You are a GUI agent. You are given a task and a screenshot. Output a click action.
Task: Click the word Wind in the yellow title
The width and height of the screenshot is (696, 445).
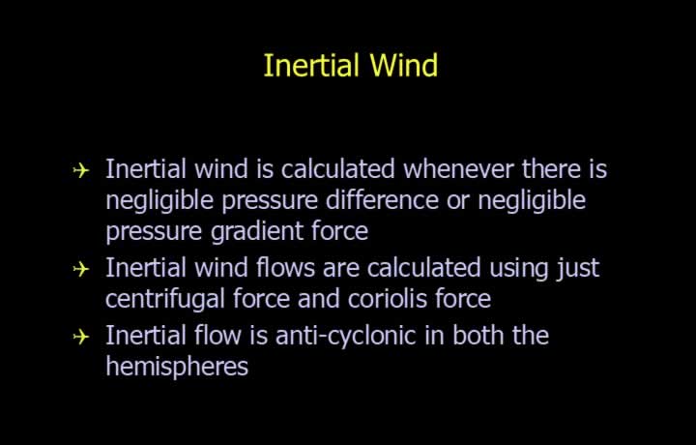click(403, 65)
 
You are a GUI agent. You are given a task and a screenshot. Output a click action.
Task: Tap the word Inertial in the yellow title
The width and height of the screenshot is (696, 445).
click(311, 65)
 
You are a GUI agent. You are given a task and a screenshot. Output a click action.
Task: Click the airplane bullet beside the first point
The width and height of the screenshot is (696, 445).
click(81, 170)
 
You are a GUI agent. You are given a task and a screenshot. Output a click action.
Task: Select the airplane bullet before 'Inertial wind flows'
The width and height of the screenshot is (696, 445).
click(81, 269)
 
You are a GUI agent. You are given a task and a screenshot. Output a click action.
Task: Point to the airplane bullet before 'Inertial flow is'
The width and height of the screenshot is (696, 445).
click(81, 337)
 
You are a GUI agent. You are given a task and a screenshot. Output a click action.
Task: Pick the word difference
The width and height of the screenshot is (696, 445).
click(382, 200)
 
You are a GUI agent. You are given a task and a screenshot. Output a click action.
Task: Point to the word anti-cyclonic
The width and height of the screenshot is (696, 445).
click(346, 337)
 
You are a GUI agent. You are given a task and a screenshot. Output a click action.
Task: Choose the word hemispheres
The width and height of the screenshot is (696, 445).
click(177, 368)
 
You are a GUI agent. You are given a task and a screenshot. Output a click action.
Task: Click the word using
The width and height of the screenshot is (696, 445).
click(519, 269)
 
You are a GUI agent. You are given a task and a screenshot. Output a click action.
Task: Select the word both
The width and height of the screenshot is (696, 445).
click(478, 336)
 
